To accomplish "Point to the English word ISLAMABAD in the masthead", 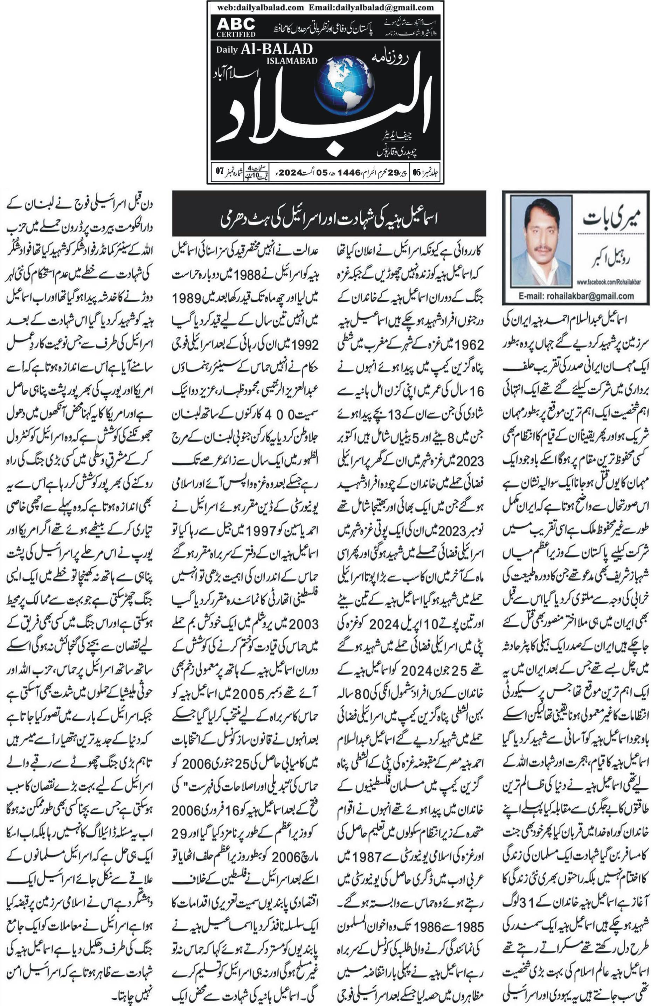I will click(291, 61).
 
